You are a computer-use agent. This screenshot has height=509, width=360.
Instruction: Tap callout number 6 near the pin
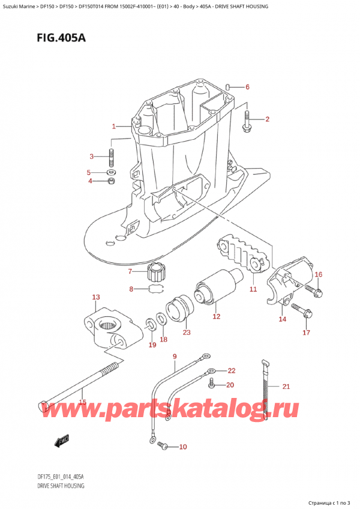[x=247, y=87]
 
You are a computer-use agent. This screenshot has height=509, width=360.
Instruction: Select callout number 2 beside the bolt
[x=268, y=119]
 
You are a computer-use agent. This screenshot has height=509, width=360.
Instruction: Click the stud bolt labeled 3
[x=112, y=158]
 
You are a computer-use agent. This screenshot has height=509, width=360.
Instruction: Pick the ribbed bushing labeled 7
[x=156, y=274]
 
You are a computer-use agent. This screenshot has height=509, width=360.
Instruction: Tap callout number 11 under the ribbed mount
[x=253, y=289]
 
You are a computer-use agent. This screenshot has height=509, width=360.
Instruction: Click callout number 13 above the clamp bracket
[x=96, y=297]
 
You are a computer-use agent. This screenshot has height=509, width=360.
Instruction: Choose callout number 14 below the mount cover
[x=282, y=319]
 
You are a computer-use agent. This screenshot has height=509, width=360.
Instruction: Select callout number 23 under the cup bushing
[x=187, y=333]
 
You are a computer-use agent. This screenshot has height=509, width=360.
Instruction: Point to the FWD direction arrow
[x=61, y=443]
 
